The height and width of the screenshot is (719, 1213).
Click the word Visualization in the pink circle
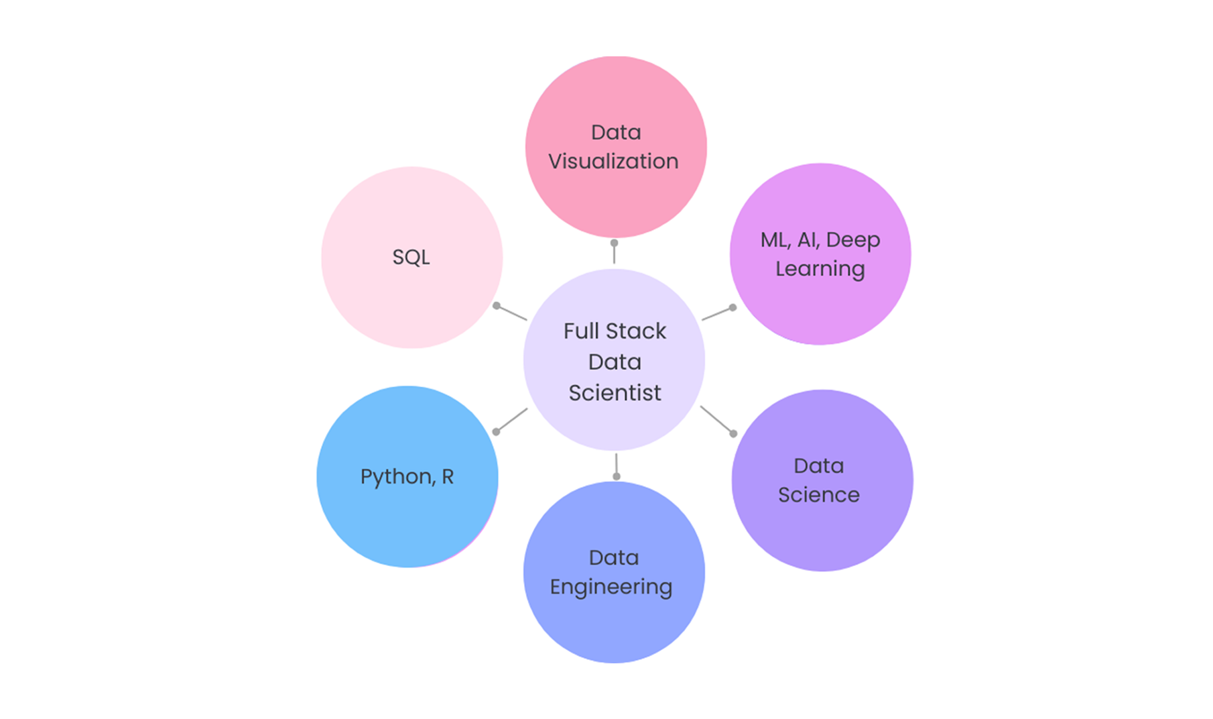[x=613, y=162]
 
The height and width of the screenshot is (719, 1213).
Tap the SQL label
[x=411, y=257]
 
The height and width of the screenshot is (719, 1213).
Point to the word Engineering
[x=611, y=587]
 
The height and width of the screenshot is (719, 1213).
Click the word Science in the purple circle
[x=818, y=495]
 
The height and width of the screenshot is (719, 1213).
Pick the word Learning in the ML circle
[x=820, y=269]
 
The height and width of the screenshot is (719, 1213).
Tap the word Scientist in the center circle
[x=615, y=393]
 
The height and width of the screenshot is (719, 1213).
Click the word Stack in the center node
[x=636, y=331]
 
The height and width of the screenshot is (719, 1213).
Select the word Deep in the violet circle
[x=852, y=240]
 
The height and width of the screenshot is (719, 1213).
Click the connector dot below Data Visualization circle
[x=614, y=243]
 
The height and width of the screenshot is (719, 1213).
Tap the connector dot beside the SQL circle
[x=497, y=306]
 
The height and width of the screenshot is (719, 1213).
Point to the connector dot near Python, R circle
[x=497, y=431]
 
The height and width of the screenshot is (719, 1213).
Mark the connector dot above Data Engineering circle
[x=617, y=476]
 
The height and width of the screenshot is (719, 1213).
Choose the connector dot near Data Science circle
[x=733, y=433]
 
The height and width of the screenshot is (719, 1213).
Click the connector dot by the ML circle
[x=732, y=308]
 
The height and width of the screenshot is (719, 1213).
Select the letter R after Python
[x=448, y=476]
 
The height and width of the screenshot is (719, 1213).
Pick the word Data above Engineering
[x=614, y=558]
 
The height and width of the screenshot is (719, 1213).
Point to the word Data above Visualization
[x=616, y=133]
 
